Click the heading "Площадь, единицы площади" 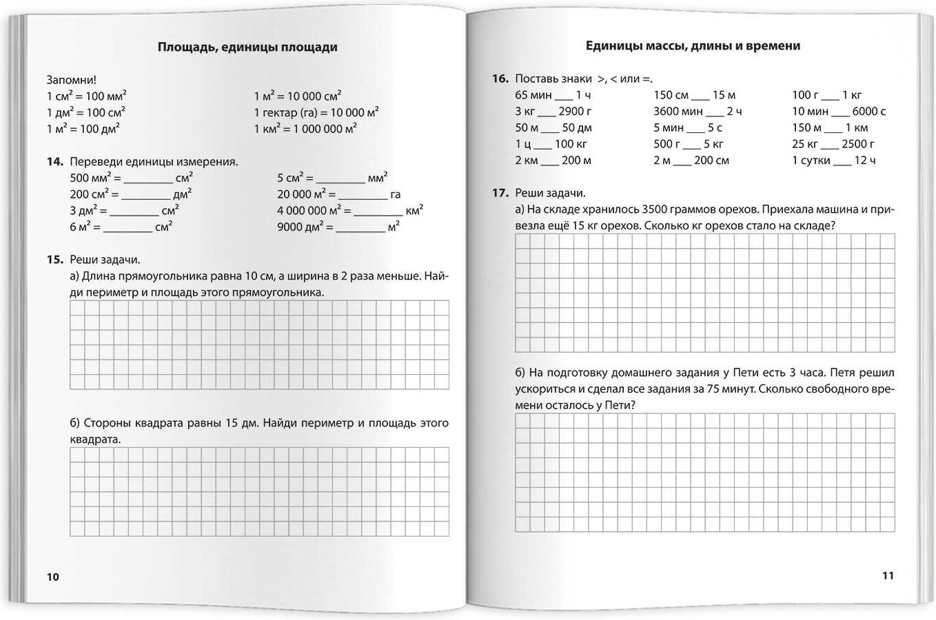[x=247, y=47]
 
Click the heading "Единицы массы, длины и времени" [x=693, y=45]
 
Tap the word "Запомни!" [x=72, y=80]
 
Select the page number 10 [x=53, y=577]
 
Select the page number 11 [x=887, y=575]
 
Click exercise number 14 [x=54, y=162]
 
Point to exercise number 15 [x=54, y=260]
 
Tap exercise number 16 [x=500, y=79]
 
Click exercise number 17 [x=500, y=193]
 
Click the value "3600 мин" [x=678, y=111]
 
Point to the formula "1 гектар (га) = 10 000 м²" [x=316, y=112]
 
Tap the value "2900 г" [x=576, y=111]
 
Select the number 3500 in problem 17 [x=655, y=209]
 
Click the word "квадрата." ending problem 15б [x=95, y=440]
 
